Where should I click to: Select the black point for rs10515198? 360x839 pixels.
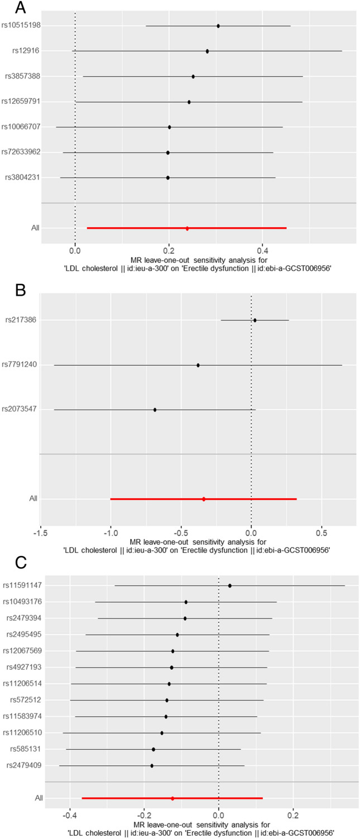tap(218, 26)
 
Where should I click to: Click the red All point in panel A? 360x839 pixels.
tap(188, 228)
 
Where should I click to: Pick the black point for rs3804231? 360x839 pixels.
tap(168, 178)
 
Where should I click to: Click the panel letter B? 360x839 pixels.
tap(7, 289)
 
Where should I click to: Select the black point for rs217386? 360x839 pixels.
tap(255, 320)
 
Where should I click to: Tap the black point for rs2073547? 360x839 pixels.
tap(155, 410)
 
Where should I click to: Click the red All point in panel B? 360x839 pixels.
tap(204, 499)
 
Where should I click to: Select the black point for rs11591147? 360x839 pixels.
tap(230, 586)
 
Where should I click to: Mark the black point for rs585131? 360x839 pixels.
tap(153, 749)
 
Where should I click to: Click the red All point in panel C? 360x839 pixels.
tap(172, 798)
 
